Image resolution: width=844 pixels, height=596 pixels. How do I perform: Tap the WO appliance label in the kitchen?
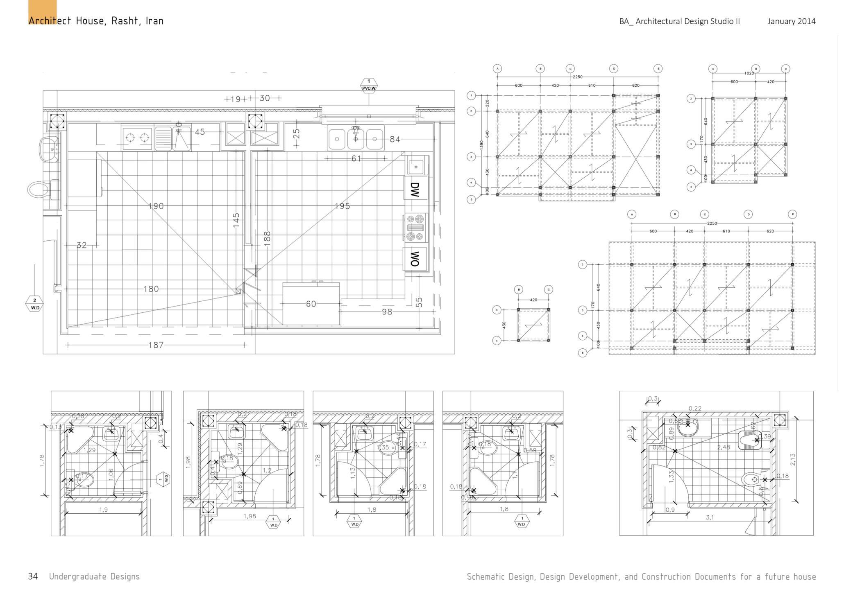coord(415,258)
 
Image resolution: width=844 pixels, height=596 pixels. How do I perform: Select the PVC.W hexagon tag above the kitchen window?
coord(369,85)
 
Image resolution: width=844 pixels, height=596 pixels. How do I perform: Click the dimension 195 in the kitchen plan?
coord(342,206)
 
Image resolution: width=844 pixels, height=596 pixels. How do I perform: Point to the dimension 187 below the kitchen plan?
coord(156,345)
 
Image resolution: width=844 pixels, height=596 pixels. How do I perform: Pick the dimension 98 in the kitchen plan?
coord(387,312)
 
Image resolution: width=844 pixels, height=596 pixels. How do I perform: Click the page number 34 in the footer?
coord(33,576)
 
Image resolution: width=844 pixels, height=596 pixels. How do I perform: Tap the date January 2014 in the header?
coord(791,21)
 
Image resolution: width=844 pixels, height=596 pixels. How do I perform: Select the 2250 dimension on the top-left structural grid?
coord(577,77)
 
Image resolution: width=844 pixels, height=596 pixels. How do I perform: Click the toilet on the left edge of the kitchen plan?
coord(39,189)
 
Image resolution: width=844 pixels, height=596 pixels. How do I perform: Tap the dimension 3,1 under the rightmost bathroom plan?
coord(710,517)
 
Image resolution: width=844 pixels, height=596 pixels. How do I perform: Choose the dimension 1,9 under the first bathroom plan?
coord(103,510)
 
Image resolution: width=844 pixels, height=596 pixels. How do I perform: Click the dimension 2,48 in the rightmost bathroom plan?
coord(724,447)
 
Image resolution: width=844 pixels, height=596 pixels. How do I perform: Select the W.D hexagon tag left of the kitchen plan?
coord(34,303)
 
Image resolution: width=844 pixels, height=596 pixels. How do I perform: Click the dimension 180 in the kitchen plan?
coord(151,289)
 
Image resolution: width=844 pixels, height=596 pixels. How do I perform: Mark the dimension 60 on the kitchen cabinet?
coord(311,304)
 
